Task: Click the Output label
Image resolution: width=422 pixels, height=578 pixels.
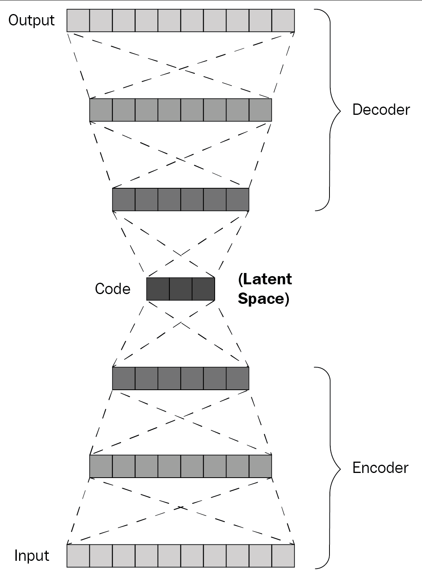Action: pyautogui.click(x=31, y=20)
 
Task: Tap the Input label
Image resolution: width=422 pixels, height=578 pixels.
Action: pyautogui.click(x=32, y=555)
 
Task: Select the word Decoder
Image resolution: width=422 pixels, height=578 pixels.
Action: pyautogui.click(x=381, y=110)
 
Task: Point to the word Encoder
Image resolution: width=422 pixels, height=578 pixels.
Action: pyautogui.click(x=380, y=467)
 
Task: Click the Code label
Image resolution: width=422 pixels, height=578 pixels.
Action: pyautogui.click(x=112, y=289)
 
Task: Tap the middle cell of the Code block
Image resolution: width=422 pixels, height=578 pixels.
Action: pyautogui.click(x=181, y=289)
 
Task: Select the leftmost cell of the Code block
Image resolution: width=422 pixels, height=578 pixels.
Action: pyautogui.click(x=158, y=289)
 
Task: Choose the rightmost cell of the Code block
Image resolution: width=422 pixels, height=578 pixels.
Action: pyautogui.click(x=203, y=289)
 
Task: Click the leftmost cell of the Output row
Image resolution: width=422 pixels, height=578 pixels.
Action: pyautogui.click(x=78, y=20)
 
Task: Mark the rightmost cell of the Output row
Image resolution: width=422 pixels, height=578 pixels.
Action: pyautogui.click(x=283, y=20)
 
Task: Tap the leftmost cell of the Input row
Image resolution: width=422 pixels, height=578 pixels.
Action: pyautogui.click(x=78, y=555)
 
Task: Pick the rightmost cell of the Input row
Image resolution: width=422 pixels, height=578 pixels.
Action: pyautogui.click(x=283, y=555)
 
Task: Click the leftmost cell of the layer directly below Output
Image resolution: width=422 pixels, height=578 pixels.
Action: pyautogui.click(x=101, y=110)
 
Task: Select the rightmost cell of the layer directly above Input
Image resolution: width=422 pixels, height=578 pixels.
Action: pyautogui.click(x=260, y=466)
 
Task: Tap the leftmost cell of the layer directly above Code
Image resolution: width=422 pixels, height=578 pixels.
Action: pyautogui.click(x=124, y=199)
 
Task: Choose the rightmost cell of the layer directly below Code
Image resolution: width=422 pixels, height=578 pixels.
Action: pyautogui.click(x=237, y=378)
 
